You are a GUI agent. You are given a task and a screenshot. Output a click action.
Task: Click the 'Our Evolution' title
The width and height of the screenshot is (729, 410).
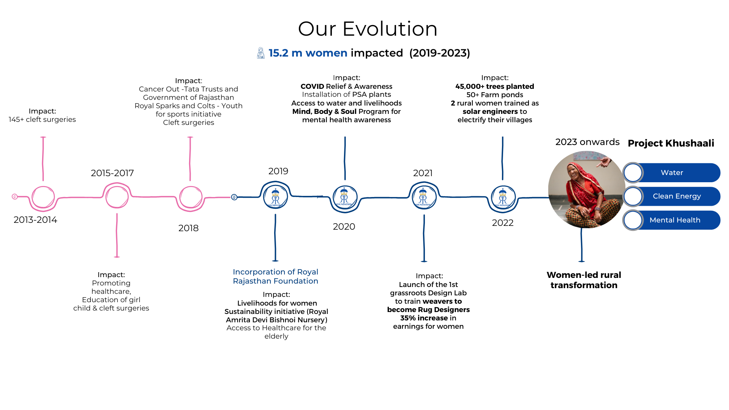coord(368,29)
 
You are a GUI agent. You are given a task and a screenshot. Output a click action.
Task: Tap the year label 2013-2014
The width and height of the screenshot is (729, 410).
coord(35,220)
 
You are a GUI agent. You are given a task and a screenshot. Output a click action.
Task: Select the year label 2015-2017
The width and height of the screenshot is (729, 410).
coord(112,173)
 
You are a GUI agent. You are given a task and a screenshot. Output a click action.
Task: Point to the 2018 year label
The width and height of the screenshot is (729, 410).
coord(188,228)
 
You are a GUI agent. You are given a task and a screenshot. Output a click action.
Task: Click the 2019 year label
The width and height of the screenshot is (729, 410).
coord(278,171)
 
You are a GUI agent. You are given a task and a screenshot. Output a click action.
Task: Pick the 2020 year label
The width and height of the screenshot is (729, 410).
coord(344,227)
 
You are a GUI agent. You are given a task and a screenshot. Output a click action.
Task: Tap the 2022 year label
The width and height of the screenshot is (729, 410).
coord(503,223)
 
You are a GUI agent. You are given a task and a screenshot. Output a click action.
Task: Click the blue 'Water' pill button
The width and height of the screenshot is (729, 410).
coord(672,173)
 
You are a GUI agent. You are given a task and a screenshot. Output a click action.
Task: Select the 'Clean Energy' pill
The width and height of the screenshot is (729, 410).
coord(672,196)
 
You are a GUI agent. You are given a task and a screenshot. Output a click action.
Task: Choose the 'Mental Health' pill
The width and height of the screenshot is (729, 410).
coord(672,220)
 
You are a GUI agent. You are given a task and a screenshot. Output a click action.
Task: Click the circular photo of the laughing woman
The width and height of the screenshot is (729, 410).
coord(587,189)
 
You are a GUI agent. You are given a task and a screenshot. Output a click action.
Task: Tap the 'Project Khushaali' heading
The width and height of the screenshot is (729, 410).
coord(671,143)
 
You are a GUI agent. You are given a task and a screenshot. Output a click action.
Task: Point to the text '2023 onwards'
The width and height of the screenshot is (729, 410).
coord(587,142)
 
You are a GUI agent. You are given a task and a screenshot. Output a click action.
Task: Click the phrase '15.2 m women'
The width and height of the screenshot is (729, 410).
coord(308,53)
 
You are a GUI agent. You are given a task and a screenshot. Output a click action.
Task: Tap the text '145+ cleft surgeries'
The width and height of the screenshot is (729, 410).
coord(42,120)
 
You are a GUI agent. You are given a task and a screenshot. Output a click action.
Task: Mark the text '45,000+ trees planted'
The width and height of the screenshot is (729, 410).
coord(495,87)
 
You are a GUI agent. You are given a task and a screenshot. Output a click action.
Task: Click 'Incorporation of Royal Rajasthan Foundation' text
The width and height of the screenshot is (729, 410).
coord(275,276)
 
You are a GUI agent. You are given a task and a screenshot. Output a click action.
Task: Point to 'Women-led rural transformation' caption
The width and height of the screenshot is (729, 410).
coord(584,280)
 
